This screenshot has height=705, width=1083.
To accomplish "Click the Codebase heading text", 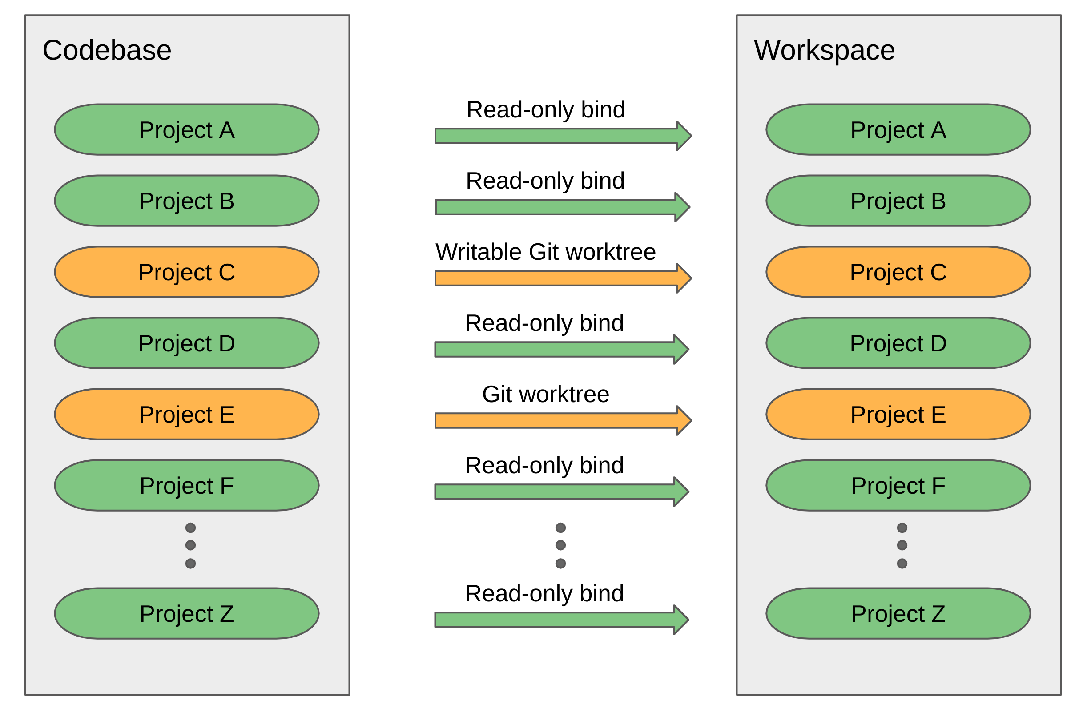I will (107, 50).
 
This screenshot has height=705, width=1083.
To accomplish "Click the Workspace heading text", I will (824, 50).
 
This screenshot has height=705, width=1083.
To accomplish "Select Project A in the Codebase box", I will (186, 130).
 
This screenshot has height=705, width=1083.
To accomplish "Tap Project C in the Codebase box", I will (186, 272).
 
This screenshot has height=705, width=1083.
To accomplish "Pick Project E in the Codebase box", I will (186, 414).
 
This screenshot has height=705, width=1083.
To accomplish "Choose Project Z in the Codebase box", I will (186, 613).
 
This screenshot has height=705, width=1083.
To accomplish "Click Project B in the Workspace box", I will (898, 201).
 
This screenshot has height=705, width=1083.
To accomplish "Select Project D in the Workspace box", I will (898, 343).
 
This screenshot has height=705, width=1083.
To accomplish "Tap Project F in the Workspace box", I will (898, 485).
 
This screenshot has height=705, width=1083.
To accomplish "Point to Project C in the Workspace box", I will (898, 272).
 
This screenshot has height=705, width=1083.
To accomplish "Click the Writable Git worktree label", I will (546, 252).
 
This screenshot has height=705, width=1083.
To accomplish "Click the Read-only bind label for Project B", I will (545, 181).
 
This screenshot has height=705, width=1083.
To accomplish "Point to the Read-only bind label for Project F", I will (544, 466).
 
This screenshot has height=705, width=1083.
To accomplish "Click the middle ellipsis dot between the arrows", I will (560, 545).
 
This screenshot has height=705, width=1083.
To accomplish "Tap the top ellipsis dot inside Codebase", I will (191, 528).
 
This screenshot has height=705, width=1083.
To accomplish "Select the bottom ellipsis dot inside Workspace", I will (902, 564).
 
